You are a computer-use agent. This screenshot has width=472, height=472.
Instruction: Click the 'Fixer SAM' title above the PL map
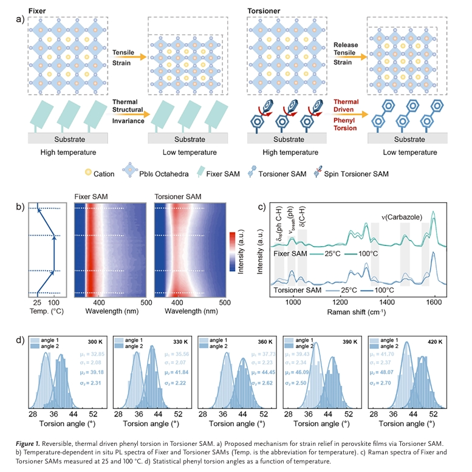pos(91,197)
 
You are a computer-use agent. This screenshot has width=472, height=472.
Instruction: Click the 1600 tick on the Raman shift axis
pos(434,301)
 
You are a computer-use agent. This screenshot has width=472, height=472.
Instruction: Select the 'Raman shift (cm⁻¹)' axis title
pos(363,311)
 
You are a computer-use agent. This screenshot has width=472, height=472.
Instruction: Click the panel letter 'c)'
pos(262,206)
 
